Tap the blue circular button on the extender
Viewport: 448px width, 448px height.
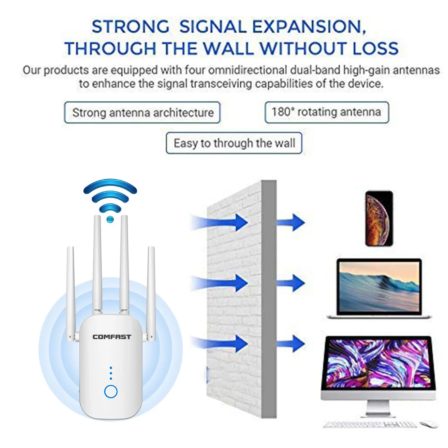(x=111, y=391)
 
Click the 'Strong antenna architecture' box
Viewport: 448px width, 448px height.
(x=142, y=112)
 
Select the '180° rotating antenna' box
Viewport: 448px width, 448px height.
(x=327, y=112)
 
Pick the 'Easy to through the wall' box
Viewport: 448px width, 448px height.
(x=234, y=143)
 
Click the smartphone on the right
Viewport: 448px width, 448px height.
(x=379, y=219)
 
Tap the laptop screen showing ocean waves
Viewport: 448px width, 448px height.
(x=379, y=287)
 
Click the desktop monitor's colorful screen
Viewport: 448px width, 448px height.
(x=379, y=363)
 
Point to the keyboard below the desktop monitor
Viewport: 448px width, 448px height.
(x=370, y=424)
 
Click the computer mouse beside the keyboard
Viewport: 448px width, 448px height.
(x=429, y=424)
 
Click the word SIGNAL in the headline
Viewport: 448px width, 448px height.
(x=213, y=26)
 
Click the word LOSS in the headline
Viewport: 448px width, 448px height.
(x=375, y=48)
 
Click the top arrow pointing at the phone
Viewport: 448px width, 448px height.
(x=291, y=223)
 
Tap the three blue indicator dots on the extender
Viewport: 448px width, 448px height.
(x=111, y=373)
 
